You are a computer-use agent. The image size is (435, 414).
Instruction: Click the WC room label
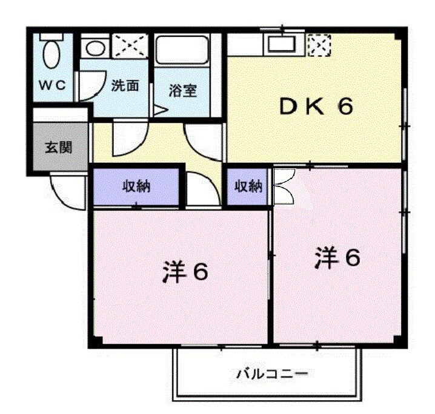pyautogui.click(x=53, y=85)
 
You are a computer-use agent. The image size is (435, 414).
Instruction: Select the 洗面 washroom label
pyautogui.click(x=125, y=85)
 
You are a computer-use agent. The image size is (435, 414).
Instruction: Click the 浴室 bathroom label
pyautogui.click(x=182, y=91)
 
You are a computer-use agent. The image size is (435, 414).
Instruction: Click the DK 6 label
pyautogui.click(x=315, y=107)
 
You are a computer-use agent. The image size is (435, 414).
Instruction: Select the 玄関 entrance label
pyautogui.click(x=58, y=146)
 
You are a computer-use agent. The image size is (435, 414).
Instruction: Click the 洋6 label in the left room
pyautogui.click(x=185, y=273)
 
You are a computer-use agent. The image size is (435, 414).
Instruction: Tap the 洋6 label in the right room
pyautogui.click(x=337, y=258)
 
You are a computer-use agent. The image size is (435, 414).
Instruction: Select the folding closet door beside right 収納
pyautogui.click(x=284, y=186)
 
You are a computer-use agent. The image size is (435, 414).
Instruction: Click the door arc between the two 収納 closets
pyautogui.click(x=202, y=189)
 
